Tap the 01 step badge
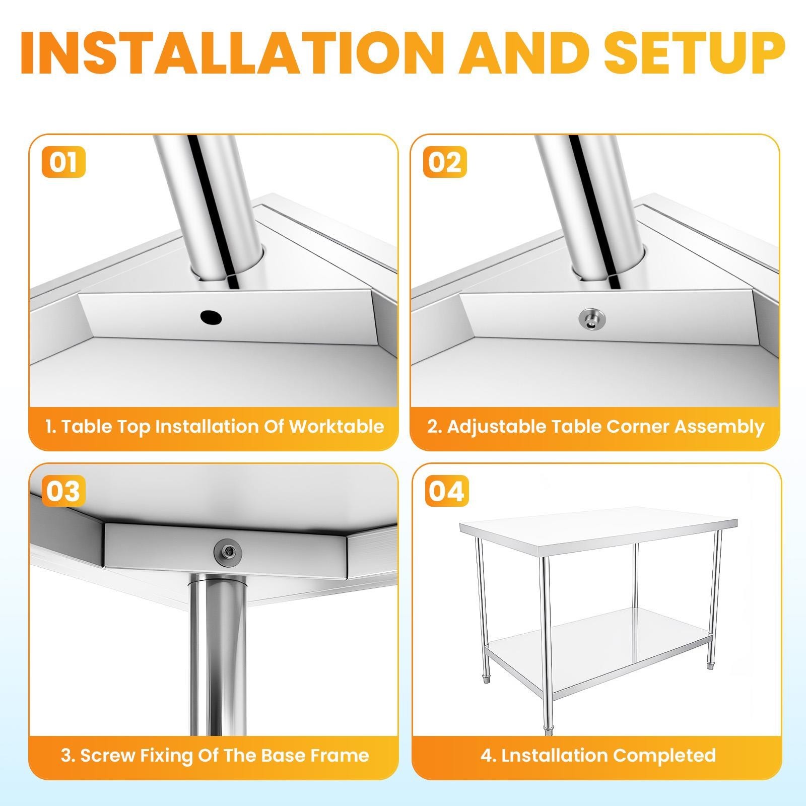pos(63,163)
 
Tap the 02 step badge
pos(445,163)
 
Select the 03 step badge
pos(63,491)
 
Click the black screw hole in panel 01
pos(211,317)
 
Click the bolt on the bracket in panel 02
pos(591,319)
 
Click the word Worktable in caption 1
pos(336,427)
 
